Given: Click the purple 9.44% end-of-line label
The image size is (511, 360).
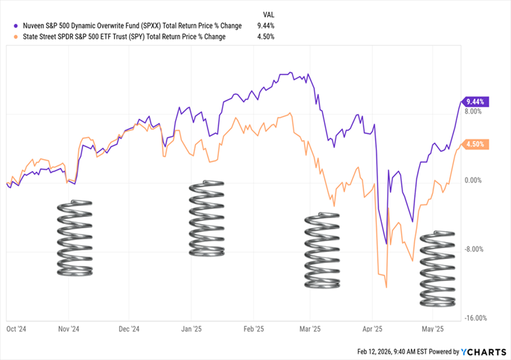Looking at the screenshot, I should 476,101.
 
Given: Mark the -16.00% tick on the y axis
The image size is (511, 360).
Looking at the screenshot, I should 477,318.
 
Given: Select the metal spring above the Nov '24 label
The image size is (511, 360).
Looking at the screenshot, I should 75,237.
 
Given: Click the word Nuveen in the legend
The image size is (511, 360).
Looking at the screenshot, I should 34,26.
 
